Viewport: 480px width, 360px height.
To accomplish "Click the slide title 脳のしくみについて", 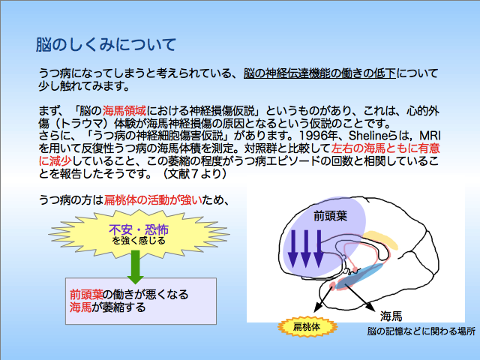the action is coord(106,45).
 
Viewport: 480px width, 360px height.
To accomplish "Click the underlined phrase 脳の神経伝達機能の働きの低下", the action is coord(319,73).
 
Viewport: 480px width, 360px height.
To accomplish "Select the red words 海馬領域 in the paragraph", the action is coord(124,110).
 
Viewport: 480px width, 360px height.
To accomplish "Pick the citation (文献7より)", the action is coord(195,173).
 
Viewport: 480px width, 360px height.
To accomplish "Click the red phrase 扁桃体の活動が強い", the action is coord(153,200).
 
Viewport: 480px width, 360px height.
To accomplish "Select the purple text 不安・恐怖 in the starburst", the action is coord(139,229).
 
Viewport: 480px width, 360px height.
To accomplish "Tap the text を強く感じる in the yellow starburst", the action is coord(139,241).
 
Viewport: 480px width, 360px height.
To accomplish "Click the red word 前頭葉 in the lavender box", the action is coord(86,295).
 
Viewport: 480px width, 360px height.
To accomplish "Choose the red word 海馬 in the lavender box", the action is coord(80,307).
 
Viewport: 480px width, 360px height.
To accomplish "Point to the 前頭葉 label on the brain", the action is coord(330,216).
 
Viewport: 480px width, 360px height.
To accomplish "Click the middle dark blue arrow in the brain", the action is coord(306,249).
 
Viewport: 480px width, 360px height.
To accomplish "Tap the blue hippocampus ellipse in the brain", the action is coord(359,276).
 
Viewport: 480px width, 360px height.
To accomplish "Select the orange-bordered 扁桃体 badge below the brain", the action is coord(307,327).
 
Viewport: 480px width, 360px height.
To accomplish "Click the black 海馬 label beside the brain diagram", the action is coord(391,316).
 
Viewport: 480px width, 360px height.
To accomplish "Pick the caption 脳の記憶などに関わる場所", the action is coord(421,331).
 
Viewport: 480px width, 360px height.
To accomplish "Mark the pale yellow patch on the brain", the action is coord(380,239).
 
